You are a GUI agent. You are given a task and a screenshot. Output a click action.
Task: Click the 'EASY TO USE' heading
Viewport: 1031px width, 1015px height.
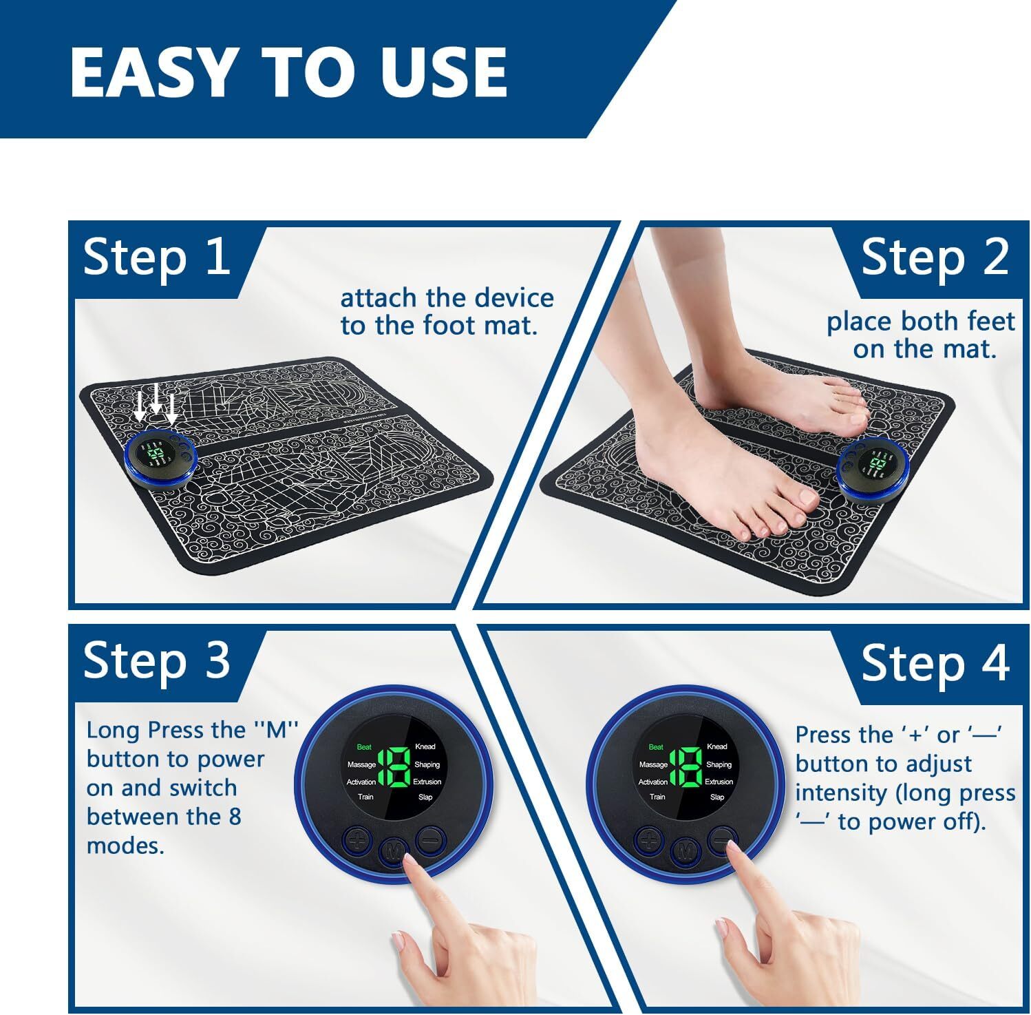[x=288, y=72]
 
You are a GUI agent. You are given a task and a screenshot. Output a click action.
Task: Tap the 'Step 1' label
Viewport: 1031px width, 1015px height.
[x=156, y=258]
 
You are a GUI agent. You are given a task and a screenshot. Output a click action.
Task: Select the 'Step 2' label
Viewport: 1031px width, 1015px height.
[x=934, y=258]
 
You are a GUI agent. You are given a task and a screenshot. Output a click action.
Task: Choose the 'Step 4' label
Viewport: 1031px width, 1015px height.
[x=934, y=663]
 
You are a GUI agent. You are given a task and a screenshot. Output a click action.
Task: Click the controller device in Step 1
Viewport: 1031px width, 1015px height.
[x=160, y=459]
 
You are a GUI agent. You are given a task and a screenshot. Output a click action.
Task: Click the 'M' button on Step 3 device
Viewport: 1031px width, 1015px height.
[x=393, y=850]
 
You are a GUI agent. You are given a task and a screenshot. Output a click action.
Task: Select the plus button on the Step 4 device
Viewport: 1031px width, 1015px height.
[x=649, y=841]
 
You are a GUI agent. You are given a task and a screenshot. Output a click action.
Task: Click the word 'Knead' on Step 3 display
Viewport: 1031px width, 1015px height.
[x=425, y=746]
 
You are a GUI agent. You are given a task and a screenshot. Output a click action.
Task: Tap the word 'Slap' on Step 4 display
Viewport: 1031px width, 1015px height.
[x=717, y=797]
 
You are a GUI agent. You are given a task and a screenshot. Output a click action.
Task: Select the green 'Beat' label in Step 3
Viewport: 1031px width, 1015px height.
[x=364, y=747]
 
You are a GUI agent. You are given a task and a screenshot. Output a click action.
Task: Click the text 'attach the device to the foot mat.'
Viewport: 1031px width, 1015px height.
[x=447, y=312]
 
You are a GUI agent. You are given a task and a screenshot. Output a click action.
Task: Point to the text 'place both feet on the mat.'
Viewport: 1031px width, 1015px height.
[x=921, y=335]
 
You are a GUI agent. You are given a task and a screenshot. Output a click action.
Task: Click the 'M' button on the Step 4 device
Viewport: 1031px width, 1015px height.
[x=685, y=851]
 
